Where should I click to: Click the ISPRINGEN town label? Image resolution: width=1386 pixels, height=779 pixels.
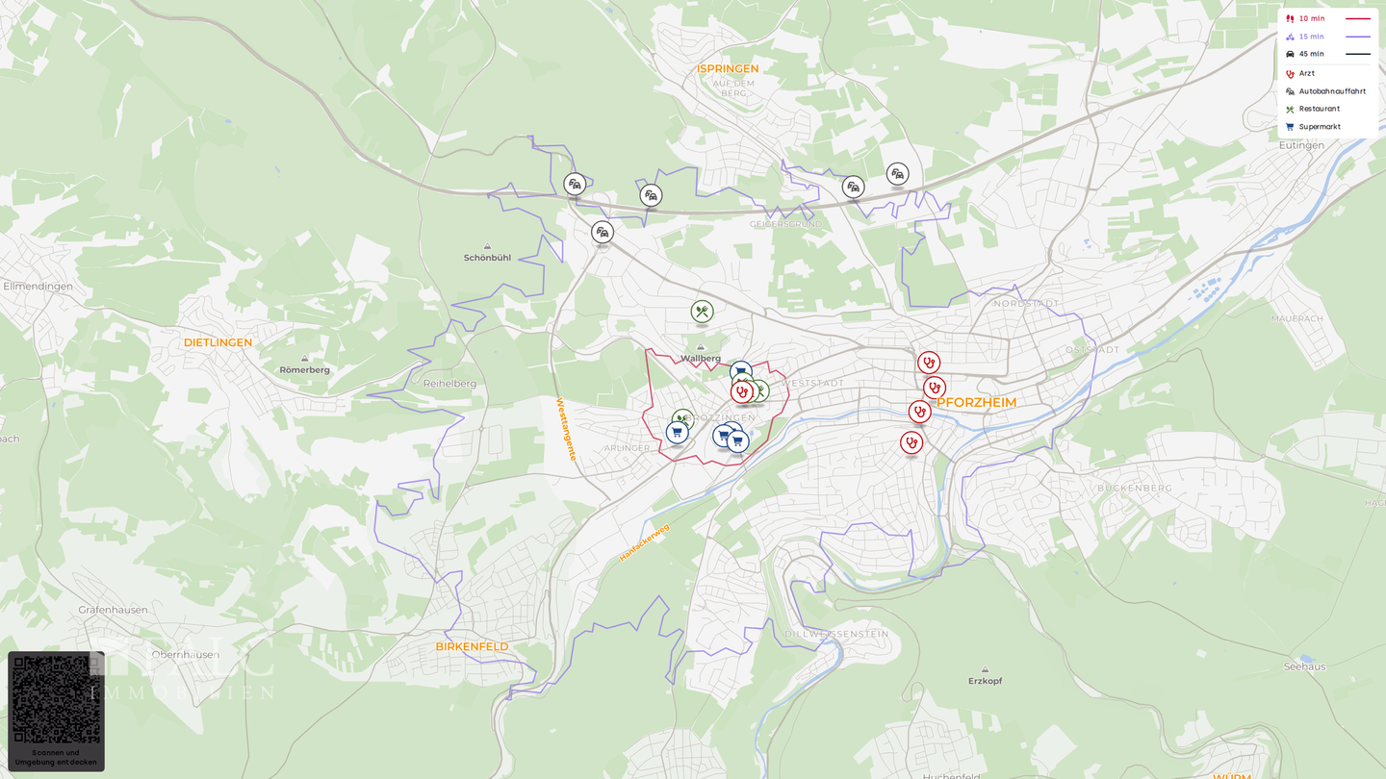(x=728, y=68)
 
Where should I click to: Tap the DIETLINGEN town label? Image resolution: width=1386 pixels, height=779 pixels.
(x=218, y=342)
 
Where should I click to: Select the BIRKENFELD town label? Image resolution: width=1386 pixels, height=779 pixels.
(x=472, y=646)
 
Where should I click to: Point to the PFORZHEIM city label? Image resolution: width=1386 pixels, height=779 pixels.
(x=976, y=402)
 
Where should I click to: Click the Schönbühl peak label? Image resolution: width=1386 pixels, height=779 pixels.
(x=487, y=258)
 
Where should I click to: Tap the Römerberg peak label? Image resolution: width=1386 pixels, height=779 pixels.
(x=304, y=369)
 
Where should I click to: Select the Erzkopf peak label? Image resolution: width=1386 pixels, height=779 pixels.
(x=985, y=681)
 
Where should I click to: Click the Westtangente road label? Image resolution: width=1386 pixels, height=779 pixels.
(x=565, y=429)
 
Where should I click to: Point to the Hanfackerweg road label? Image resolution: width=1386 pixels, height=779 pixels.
(x=644, y=542)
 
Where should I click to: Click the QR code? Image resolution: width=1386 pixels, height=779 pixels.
(x=56, y=699)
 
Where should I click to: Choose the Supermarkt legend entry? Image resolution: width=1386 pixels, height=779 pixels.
(x=1319, y=127)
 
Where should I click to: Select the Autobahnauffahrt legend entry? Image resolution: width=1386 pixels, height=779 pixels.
(x=1331, y=91)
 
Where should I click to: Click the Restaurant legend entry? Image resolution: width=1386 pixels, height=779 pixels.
(x=1319, y=109)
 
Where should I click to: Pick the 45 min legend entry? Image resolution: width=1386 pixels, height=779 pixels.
(x=1311, y=54)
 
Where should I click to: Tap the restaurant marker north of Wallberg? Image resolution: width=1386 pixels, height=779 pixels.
(x=702, y=312)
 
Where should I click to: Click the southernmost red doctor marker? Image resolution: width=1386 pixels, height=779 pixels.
(x=911, y=442)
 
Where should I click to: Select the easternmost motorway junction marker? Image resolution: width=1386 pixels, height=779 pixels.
(x=897, y=174)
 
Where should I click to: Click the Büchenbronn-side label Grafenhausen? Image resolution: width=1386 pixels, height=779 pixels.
(x=114, y=610)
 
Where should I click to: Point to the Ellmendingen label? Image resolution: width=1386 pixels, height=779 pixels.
(x=38, y=287)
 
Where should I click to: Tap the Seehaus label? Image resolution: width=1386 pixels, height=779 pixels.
(x=1304, y=666)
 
